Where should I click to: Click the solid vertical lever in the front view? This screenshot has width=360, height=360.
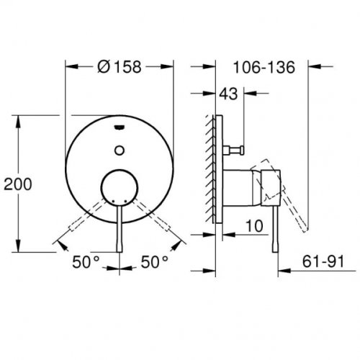click(120, 230)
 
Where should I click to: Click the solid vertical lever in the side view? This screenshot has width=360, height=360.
click(273, 230)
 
